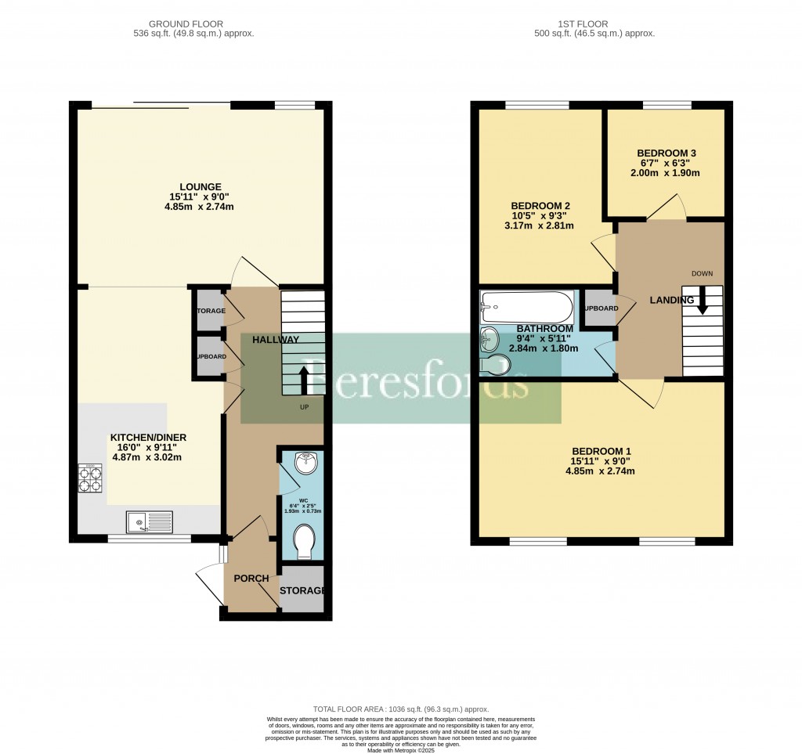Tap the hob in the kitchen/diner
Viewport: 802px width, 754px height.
pyautogui.click(x=90, y=478)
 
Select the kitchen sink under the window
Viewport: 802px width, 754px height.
pyautogui.click(x=149, y=520)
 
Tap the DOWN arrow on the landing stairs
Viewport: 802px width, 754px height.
pyautogui.click(x=702, y=299)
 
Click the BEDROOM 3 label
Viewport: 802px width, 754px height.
pyautogui.click(x=667, y=153)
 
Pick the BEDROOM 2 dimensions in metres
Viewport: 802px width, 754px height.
pyautogui.click(x=540, y=226)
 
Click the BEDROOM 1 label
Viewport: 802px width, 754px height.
pyautogui.click(x=601, y=451)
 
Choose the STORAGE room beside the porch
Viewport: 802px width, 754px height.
pyautogui.click(x=302, y=589)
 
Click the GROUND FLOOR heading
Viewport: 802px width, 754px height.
pyautogui.click(x=204, y=24)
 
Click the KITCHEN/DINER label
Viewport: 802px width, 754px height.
pyautogui.click(x=148, y=437)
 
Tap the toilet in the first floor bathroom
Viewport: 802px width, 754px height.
pyautogui.click(x=495, y=365)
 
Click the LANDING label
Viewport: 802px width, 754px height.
pyautogui.click(x=671, y=300)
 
